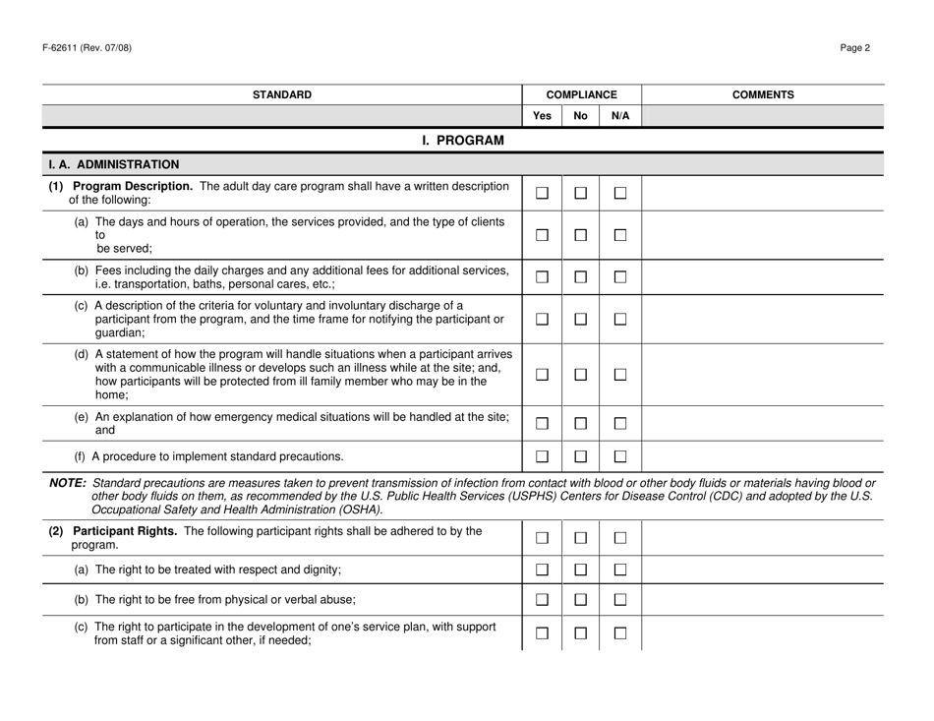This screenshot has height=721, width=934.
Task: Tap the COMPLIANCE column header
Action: pos(582,95)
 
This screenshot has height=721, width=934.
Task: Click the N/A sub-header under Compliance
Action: pos(619,116)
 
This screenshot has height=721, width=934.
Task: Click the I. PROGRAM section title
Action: pos(462,141)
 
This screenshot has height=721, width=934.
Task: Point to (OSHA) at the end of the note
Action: pos(358,509)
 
